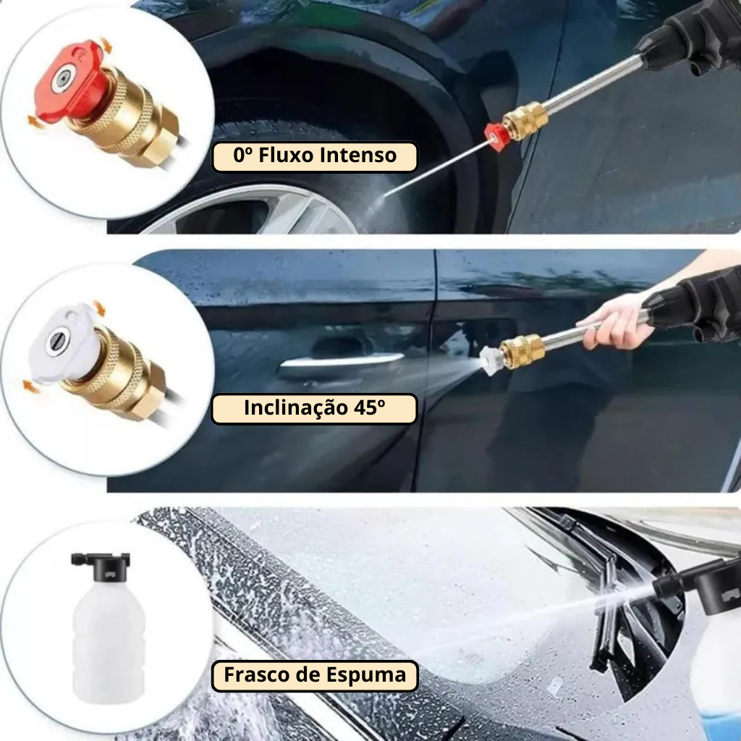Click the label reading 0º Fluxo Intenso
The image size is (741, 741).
point(315,156)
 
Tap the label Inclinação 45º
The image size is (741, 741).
point(314,409)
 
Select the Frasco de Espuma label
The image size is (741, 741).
point(315,676)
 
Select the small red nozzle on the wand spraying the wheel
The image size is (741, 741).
point(496,137)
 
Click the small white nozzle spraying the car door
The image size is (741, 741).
point(490,360)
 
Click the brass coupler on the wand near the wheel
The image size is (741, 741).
point(525,121)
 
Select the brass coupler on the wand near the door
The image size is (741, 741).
point(522,352)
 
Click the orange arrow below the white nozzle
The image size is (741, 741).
point(30,386)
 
